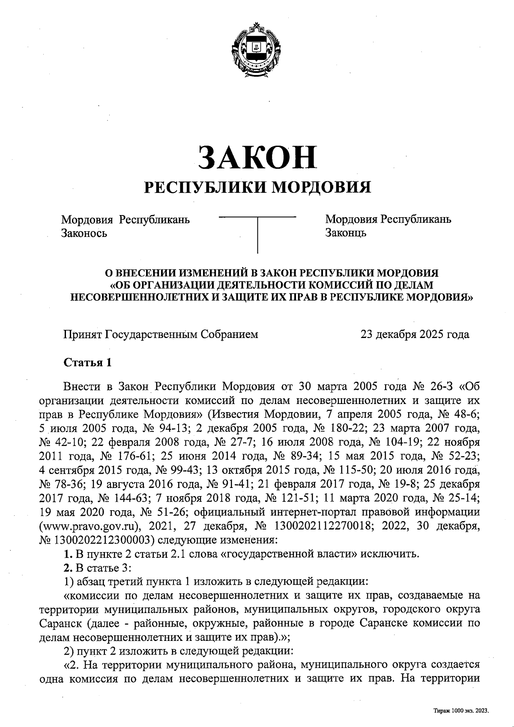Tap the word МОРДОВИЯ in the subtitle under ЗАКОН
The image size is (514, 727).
[322, 187]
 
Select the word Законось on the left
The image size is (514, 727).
[84, 234]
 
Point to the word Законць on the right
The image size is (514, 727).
[346, 234]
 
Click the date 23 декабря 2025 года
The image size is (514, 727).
[415, 334]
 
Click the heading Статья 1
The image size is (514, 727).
[88, 363]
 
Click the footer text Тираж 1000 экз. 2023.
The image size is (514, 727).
[461, 711]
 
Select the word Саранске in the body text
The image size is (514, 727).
[380, 622]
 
